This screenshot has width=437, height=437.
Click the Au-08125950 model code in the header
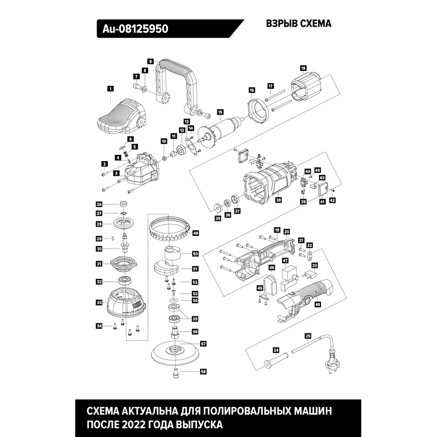pos(135,29)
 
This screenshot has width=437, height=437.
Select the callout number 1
pos(110,89)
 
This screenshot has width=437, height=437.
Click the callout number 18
pos(303,68)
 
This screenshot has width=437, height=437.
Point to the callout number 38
pos(278,200)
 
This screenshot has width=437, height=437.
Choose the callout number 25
pos(307,336)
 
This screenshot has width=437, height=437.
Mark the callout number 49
pos(196,233)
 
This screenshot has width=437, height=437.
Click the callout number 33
pos(99,303)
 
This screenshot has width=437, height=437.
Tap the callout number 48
pos(318,305)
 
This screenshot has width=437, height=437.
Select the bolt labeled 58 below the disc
pos(176,373)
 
